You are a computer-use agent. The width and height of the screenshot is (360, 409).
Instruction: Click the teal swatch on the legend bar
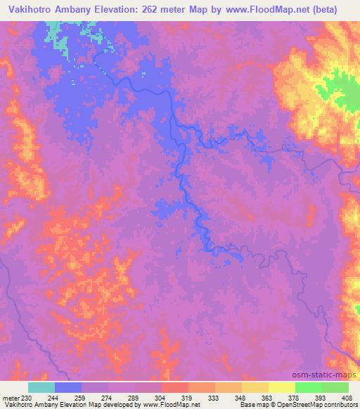41,388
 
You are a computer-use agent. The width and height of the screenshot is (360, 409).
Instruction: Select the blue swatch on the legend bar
68,388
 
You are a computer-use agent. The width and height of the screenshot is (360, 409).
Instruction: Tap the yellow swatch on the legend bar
281,388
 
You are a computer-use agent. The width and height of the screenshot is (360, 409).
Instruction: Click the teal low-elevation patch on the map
57,32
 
